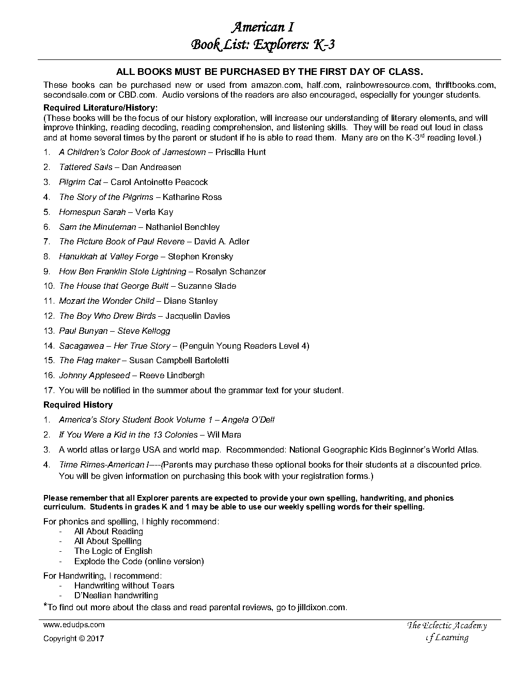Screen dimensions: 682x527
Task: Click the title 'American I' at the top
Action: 262,27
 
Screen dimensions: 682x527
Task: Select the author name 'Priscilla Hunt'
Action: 240,152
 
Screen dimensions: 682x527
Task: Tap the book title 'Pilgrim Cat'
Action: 80,182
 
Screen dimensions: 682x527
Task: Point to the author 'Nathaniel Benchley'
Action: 182,227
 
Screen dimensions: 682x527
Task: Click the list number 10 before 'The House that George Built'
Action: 49,286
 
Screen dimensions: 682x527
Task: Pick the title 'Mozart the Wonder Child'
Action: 106,301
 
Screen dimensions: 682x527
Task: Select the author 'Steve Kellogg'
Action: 144,331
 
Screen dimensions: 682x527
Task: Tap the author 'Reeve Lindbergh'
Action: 172,375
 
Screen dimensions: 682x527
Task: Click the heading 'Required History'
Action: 78,405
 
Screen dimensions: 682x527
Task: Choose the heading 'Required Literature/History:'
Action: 100,108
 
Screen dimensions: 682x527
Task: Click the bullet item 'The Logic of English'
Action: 113,551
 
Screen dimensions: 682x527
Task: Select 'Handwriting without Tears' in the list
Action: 124,585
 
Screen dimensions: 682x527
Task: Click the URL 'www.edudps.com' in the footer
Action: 74,624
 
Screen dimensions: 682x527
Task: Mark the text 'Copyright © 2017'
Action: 73,638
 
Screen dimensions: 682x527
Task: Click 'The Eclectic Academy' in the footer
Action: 447,626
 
